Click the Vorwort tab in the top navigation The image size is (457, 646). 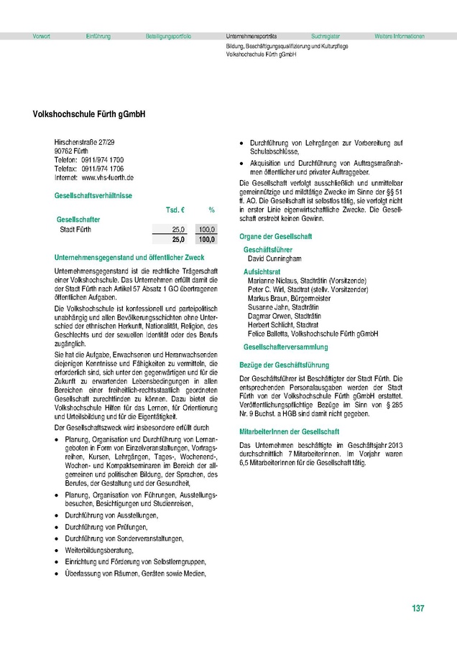(42, 36)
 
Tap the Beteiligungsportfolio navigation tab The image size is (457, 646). (168, 36)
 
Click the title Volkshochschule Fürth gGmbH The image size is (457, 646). (89, 114)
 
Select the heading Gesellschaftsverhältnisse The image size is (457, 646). (93, 196)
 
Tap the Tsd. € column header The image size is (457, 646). (176, 210)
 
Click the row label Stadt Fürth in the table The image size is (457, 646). (75, 230)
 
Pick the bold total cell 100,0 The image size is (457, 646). (207, 239)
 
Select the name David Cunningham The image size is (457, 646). (274, 258)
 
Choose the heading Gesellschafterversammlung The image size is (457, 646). (286, 347)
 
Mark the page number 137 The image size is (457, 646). (418, 609)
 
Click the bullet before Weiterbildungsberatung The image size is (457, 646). (57, 551)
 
